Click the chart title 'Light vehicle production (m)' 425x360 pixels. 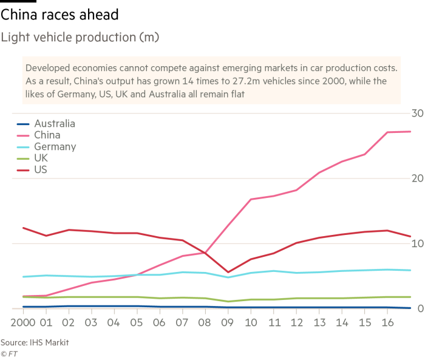pos(80,38)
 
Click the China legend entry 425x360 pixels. pos(47,135)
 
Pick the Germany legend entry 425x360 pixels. pos(55,147)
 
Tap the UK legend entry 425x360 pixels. pos(41,158)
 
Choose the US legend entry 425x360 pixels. pos(41,170)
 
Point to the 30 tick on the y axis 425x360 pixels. pos(416,114)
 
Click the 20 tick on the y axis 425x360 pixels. pos(416,178)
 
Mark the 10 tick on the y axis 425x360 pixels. pos(416,243)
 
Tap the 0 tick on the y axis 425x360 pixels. pos(419,309)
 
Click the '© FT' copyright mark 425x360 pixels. pos(9,353)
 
